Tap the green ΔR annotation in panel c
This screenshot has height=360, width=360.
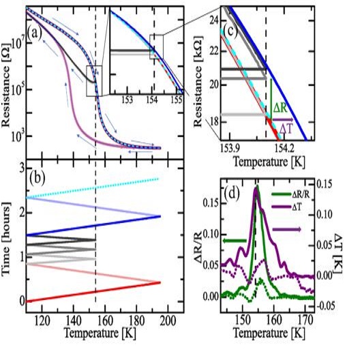[x=284, y=108]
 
